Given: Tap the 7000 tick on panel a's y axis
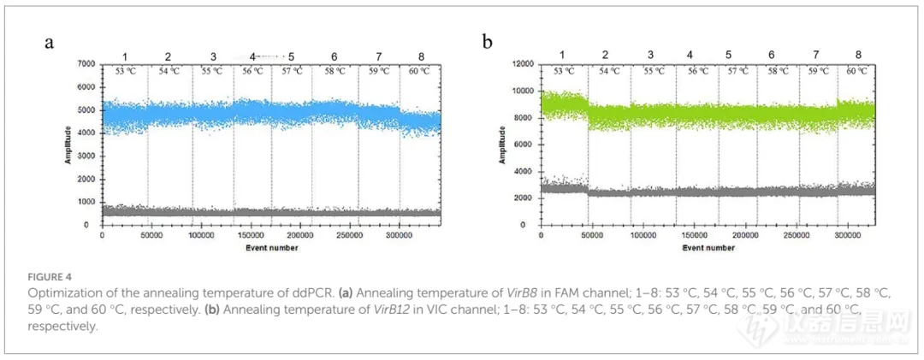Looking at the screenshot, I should tap(84, 64).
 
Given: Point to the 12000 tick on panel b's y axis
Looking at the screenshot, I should tap(520, 64).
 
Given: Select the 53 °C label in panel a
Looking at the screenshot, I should tap(126, 71).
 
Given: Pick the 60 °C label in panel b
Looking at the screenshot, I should tap(856, 71).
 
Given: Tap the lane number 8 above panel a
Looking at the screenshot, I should tap(421, 56).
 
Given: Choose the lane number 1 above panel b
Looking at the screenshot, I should tap(562, 55).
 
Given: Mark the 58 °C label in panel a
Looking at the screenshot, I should tap(335, 71).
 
